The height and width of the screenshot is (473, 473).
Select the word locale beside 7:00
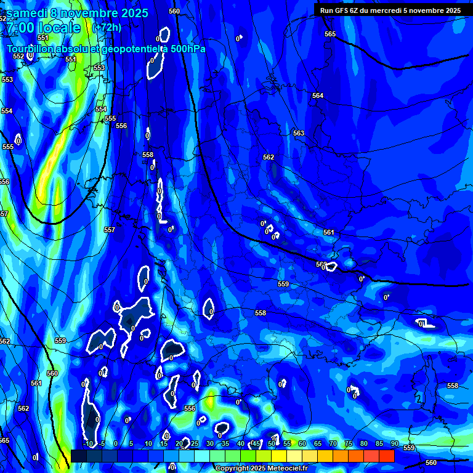point(59,28)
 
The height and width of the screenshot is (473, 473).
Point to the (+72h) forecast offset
point(107,27)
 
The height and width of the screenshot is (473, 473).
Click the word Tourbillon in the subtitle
point(30,49)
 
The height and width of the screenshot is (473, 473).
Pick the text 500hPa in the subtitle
point(187,49)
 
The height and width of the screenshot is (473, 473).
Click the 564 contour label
point(318,95)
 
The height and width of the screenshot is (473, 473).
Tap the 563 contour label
point(299,133)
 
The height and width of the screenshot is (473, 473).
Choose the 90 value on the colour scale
point(395,443)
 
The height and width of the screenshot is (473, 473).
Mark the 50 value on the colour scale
point(272,443)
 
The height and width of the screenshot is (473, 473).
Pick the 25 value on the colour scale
point(195,443)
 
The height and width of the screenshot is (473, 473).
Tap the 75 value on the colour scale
point(349,443)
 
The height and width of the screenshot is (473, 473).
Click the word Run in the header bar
point(327,10)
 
